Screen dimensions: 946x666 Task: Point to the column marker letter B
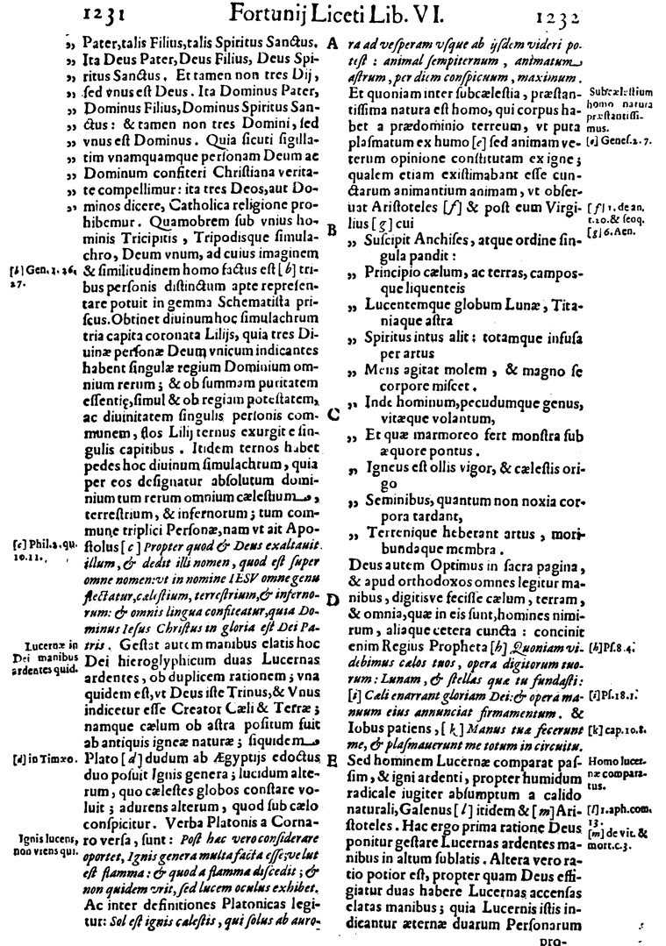click(333, 231)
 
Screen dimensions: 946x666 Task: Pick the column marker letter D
click(333, 599)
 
